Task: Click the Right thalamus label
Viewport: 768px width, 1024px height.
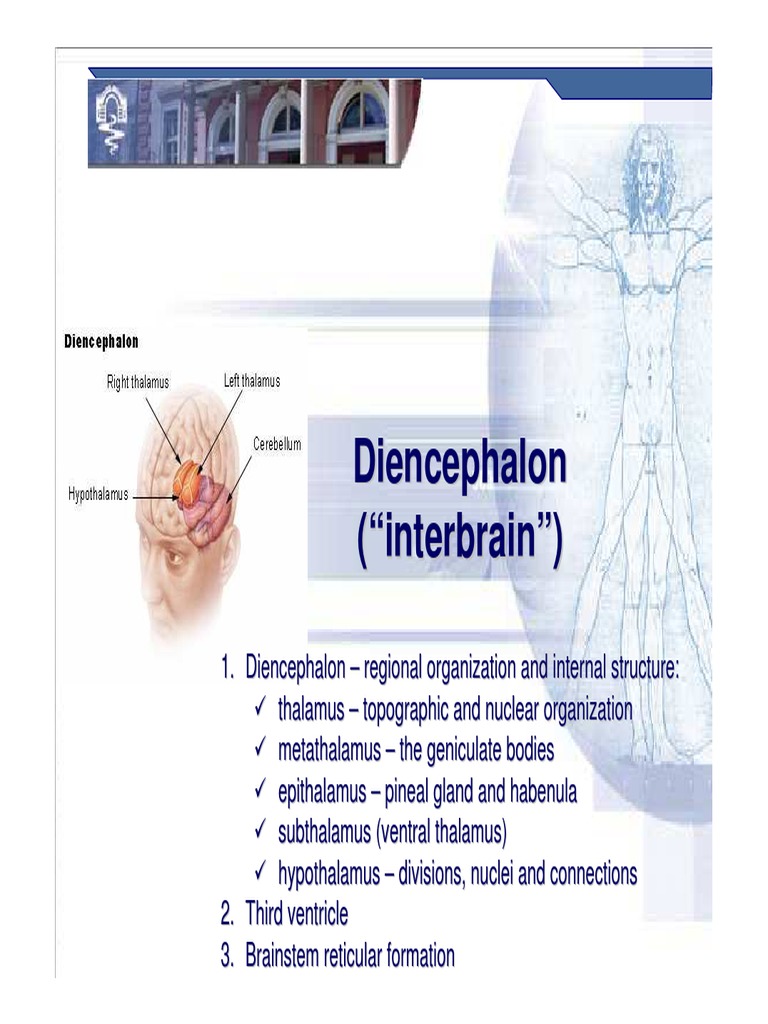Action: [138, 383]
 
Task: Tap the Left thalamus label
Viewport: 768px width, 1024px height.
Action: [252, 381]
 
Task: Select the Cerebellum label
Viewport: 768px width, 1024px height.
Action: [277, 443]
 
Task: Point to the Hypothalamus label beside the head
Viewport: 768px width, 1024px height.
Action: [98, 494]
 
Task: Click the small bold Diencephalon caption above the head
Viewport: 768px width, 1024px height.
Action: [101, 342]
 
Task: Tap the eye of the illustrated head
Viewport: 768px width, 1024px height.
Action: [175, 557]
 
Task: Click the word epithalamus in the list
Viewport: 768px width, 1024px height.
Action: [322, 792]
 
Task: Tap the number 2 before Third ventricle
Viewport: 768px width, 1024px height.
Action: [226, 914]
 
